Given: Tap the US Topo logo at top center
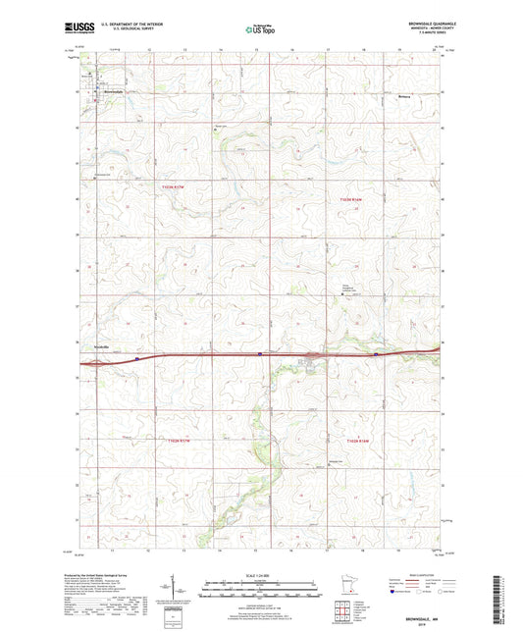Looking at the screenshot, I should (260, 30).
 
